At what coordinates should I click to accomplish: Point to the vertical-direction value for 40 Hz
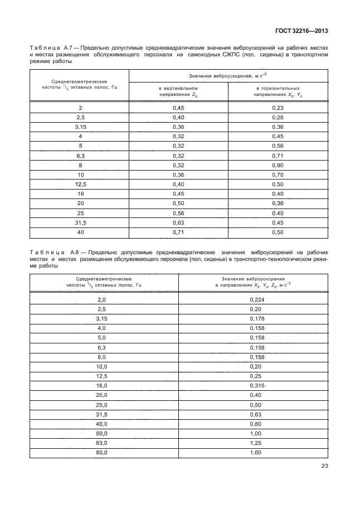(x=177, y=231)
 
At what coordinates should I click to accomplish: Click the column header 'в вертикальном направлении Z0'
(x=177, y=91)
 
